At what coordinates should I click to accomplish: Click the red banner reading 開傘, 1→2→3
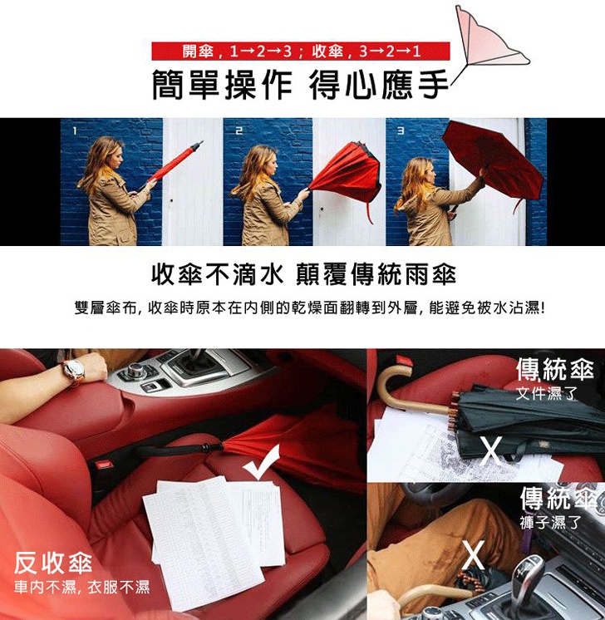[301, 51]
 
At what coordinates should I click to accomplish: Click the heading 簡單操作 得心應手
[301, 85]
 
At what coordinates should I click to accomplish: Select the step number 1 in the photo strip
[75, 130]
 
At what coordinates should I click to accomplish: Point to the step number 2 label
[239, 130]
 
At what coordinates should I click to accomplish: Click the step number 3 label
[401, 130]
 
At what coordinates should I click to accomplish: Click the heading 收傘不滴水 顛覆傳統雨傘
[304, 274]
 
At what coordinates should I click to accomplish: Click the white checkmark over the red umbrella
[262, 462]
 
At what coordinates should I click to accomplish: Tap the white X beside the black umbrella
[491, 450]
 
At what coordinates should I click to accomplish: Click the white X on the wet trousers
[474, 554]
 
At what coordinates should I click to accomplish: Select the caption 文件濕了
[546, 393]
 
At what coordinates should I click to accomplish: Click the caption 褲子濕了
[550, 522]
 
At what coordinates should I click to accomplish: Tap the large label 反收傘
[53, 563]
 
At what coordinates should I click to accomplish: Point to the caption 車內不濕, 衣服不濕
[81, 588]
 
